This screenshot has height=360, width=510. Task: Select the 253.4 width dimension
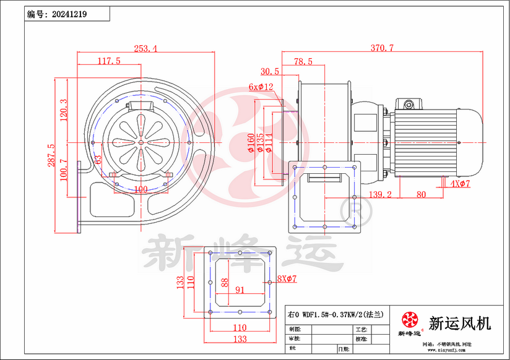click(x=144, y=48)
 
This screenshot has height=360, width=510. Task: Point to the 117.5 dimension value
click(x=109, y=61)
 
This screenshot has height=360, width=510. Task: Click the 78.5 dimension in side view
click(x=303, y=61)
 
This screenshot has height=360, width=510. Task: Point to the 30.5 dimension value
click(x=270, y=71)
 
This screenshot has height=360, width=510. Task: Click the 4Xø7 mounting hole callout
click(x=460, y=184)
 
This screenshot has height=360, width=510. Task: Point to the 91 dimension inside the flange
click(x=240, y=289)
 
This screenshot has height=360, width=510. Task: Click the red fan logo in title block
click(x=409, y=320)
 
